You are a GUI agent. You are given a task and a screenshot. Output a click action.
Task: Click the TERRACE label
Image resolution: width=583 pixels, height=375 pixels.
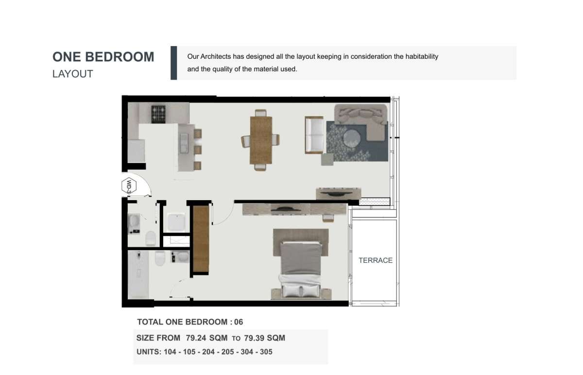click(x=375, y=260)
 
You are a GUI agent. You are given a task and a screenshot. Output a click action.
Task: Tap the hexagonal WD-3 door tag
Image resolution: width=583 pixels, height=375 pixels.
click(x=129, y=186)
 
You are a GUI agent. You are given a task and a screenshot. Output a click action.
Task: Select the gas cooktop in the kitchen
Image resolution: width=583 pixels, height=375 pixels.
click(x=158, y=114)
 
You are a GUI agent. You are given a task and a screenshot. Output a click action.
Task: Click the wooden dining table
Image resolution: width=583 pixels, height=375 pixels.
click(x=261, y=140)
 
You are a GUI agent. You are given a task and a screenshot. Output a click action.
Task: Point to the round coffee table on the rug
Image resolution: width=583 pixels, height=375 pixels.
click(x=352, y=137)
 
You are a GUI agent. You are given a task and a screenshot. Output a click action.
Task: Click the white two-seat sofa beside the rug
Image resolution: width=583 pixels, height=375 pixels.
click(x=314, y=135)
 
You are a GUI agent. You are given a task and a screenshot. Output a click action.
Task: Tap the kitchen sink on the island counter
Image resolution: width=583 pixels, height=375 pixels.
click(x=184, y=143)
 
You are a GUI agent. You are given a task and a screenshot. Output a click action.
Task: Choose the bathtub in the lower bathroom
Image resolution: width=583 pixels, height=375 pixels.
click(x=138, y=274)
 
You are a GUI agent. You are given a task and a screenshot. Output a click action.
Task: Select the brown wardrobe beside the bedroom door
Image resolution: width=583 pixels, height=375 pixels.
click(x=201, y=239)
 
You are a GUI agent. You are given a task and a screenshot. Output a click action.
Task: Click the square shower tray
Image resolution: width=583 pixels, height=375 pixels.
click(x=176, y=222)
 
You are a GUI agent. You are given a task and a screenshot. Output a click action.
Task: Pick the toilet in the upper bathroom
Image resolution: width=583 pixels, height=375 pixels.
click(x=151, y=238)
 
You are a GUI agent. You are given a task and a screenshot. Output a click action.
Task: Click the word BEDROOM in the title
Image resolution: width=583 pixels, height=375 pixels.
click(x=120, y=57)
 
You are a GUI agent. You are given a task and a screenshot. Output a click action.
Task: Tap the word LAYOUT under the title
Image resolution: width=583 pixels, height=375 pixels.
click(x=72, y=74)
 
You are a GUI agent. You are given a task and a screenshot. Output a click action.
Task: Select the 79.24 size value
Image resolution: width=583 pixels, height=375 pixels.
click(x=196, y=338)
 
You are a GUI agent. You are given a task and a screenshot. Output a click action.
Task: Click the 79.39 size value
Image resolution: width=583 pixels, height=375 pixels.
click(x=254, y=338)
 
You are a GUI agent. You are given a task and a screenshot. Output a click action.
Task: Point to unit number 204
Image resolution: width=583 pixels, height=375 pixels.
click(x=208, y=352)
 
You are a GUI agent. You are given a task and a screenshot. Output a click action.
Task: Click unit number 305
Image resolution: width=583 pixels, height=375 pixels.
click(x=266, y=352)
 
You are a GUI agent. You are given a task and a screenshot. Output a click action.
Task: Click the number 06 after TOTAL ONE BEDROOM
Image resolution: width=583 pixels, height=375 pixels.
click(x=239, y=322)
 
